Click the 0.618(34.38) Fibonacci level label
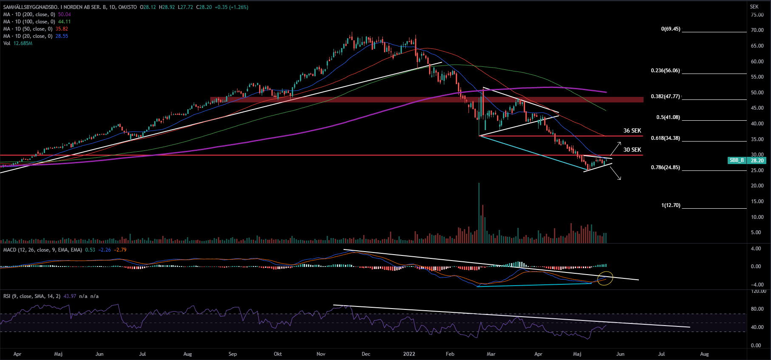coord(665,138)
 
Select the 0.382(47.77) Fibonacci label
coord(665,96)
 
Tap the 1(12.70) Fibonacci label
coord(670,205)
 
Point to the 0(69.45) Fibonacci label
coord(670,29)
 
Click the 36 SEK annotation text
coord(632,130)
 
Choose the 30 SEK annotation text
coord(632,150)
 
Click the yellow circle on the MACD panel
coord(605,278)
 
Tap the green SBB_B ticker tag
coord(737,160)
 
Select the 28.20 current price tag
coord(757,160)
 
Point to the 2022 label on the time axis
coord(409,354)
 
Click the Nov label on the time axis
coord(321,354)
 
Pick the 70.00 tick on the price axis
coord(757,30)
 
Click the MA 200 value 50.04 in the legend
coord(65,14)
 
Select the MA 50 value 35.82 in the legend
coord(62,29)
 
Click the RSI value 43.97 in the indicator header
coord(70,296)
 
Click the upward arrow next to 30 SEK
coord(616,148)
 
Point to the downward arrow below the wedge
coord(616,173)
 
